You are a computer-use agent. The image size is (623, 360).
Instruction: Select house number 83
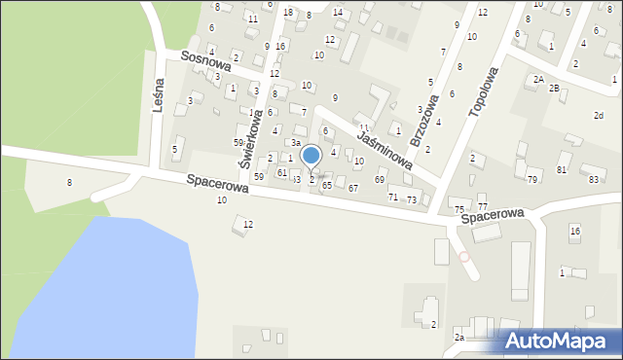pyautogui.click(x=594, y=179)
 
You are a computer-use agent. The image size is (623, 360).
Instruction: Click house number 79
pyautogui.click(x=532, y=179)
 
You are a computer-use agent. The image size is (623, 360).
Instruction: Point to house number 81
pyautogui.click(x=562, y=170)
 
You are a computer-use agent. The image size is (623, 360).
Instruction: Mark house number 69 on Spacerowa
pyautogui.click(x=380, y=179)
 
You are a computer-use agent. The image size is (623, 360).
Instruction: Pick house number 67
pyautogui.click(x=353, y=188)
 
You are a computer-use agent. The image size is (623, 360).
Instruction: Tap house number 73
pyautogui.click(x=412, y=199)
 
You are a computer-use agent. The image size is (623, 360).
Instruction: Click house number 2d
pyautogui.click(x=599, y=116)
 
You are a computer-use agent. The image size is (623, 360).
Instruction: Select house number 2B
pyautogui.click(x=554, y=89)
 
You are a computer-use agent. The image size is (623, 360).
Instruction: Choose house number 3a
pyautogui.click(x=295, y=143)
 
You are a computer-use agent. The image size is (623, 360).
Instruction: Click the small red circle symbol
pyautogui.click(x=464, y=257)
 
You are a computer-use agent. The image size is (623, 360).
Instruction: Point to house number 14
pyautogui.click(x=338, y=13)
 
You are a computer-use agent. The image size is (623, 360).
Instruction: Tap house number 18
pyautogui.click(x=288, y=13)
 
